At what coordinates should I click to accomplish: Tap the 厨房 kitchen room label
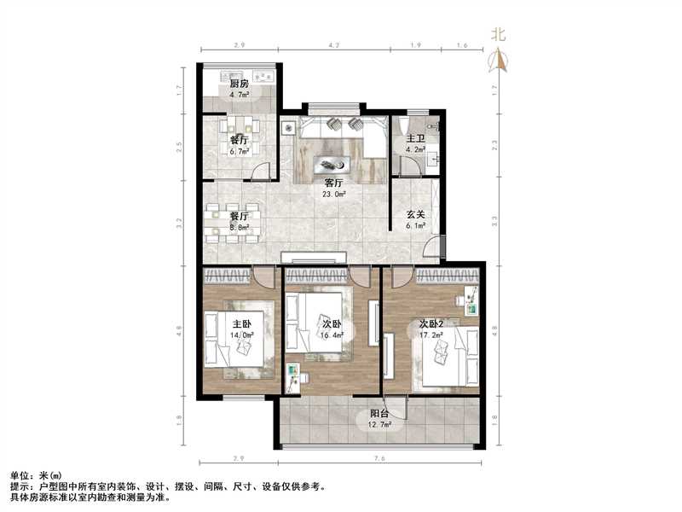(238, 84)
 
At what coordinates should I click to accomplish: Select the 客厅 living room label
(333, 183)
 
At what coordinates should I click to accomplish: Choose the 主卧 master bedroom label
(242, 324)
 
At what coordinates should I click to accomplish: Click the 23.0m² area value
(333, 194)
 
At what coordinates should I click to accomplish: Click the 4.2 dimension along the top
(334, 44)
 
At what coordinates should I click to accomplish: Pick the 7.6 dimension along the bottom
(380, 459)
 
